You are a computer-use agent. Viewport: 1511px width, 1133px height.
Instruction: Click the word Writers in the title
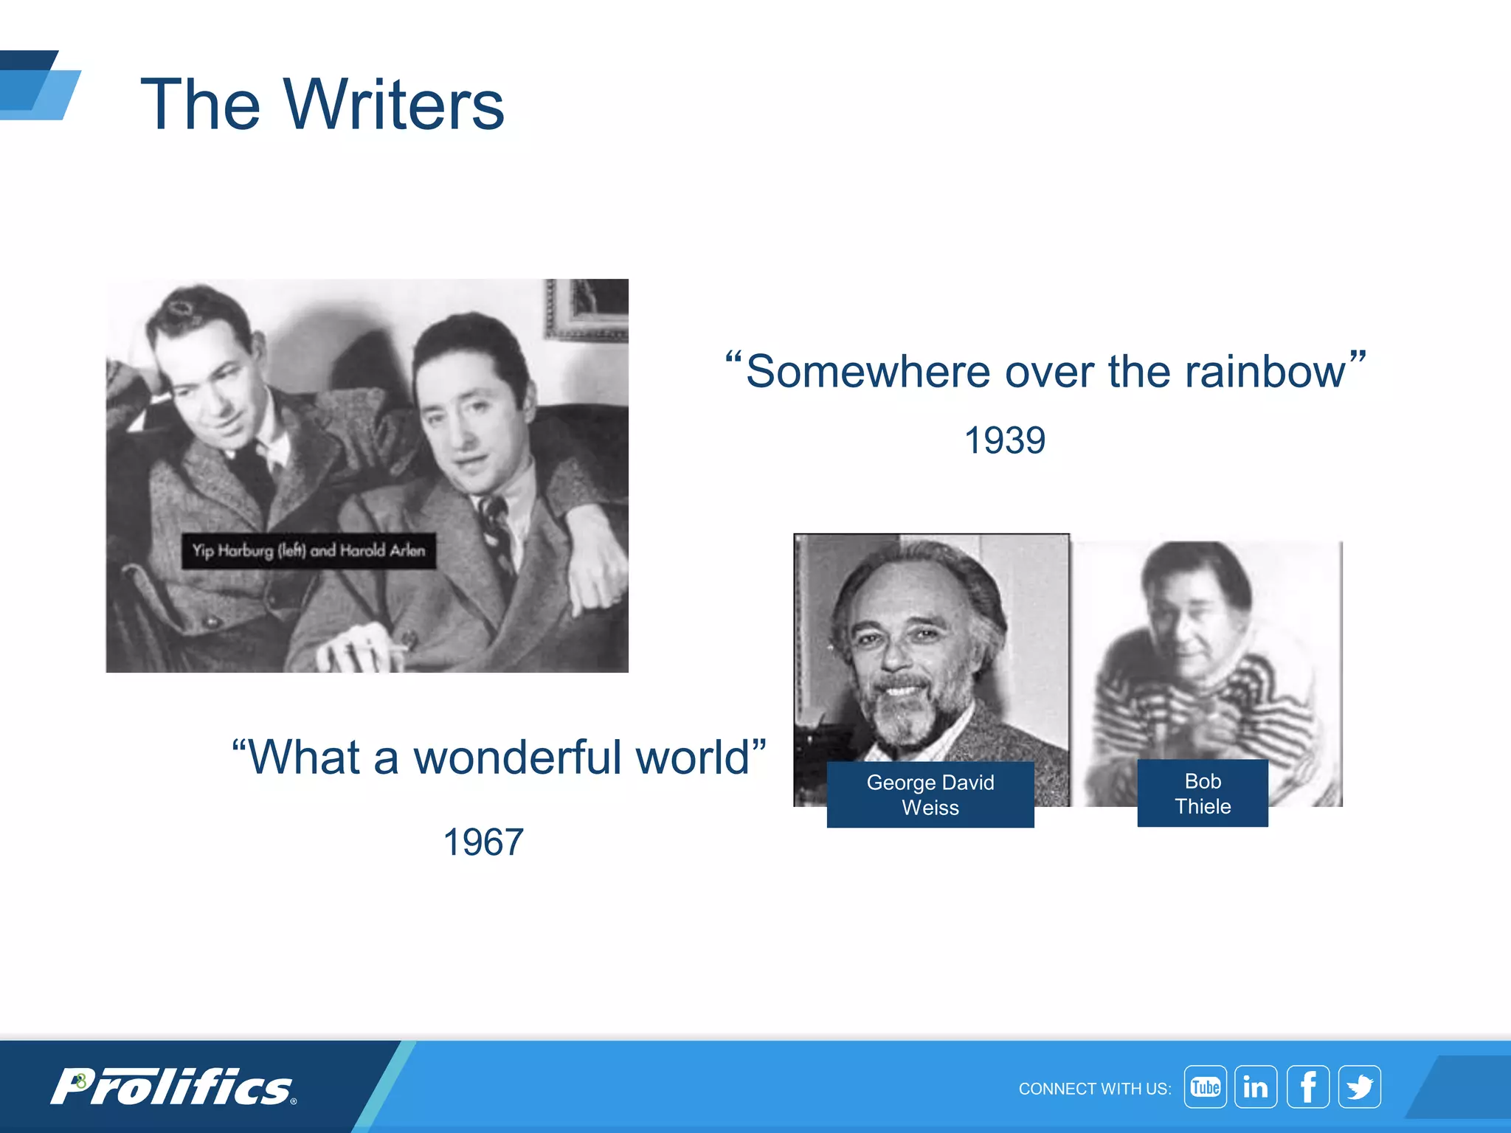pyautogui.click(x=393, y=105)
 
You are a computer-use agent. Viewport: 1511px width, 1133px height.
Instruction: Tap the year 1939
pyautogui.click(x=1004, y=441)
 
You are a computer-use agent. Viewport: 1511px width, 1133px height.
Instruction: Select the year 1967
pyautogui.click(x=483, y=842)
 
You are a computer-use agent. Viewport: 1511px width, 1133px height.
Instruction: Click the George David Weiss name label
pyautogui.click(x=930, y=794)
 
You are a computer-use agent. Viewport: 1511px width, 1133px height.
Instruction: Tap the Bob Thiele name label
pyautogui.click(x=1202, y=794)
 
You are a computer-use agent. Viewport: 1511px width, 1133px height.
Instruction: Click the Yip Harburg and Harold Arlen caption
pyautogui.click(x=308, y=551)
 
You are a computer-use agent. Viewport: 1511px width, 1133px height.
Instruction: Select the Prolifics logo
pyautogui.click(x=173, y=1087)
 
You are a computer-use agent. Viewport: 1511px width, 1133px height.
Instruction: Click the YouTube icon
pyautogui.click(x=1205, y=1087)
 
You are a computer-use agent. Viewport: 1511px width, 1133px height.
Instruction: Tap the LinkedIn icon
pyautogui.click(x=1256, y=1087)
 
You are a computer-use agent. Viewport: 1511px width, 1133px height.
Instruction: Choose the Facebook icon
pyautogui.click(x=1307, y=1087)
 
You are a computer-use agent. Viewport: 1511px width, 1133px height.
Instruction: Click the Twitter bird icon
pyautogui.click(x=1359, y=1087)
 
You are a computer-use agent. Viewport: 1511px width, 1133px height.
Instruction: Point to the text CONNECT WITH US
pyautogui.click(x=1094, y=1089)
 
